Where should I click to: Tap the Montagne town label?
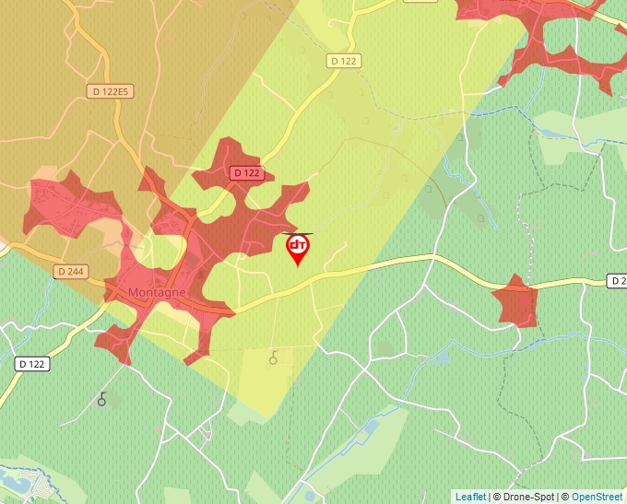point(157,292)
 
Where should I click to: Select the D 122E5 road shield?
point(111,91)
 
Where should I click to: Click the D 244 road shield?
point(70,272)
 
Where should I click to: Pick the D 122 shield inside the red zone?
point(247,172)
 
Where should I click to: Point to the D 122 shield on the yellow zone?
point(344,61)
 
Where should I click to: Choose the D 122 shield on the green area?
point(33,364)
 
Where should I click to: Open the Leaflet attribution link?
point(470,497)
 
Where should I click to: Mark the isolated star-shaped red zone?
point(515,300)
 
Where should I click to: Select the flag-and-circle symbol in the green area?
point(102,399)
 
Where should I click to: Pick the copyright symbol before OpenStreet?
point(564,497)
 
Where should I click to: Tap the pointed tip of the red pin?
point(298,266)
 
